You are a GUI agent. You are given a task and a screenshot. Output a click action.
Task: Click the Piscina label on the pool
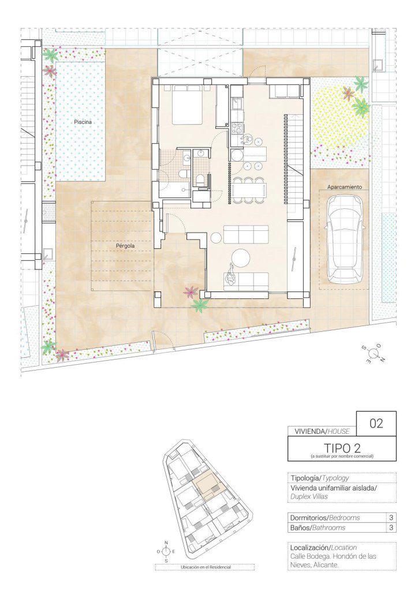coord(83,122)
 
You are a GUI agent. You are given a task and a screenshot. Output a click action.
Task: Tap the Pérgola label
coord(125,246)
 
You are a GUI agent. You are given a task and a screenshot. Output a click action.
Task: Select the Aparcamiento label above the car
coord(344,186)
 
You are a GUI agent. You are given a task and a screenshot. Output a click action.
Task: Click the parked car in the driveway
coord(344,240)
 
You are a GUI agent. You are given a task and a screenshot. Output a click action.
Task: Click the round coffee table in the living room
coord(241,258)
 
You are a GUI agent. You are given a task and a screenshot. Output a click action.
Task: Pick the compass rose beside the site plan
coord(373,354)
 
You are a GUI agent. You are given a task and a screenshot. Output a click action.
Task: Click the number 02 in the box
coord(376,424)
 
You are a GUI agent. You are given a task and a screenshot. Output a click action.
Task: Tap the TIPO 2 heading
coord(342,448)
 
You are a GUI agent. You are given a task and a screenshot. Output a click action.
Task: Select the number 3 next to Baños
coord(391,528)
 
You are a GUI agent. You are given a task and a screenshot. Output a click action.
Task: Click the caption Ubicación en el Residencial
coord(206,567)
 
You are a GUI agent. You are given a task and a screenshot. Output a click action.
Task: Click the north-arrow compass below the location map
coord(166,551)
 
